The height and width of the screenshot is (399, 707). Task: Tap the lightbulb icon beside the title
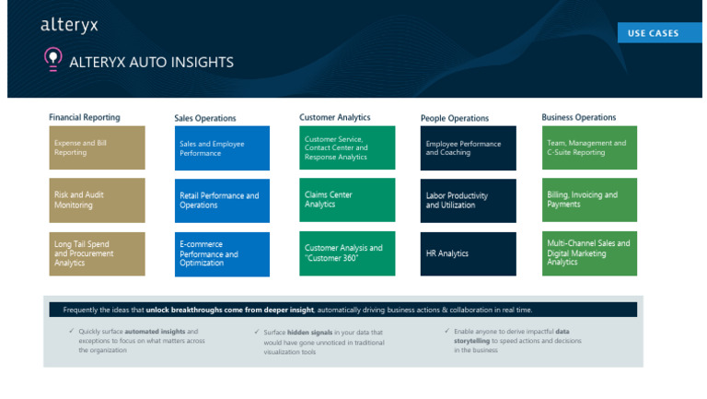(x=52, y=60)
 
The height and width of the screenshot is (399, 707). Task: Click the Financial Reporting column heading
(x=85, y=118)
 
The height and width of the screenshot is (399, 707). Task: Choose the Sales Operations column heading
(x=205, y=119)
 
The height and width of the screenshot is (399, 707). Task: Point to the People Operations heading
(x=455, y=119)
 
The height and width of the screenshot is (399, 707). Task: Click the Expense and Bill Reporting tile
(x=97, y=148)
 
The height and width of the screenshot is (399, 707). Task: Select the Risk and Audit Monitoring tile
(x=97, y=200)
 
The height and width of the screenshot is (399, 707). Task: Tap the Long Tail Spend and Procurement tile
(x=97, y=253)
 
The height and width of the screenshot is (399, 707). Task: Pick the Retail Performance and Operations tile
(x=222, y=200)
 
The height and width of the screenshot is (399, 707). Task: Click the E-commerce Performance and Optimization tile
(x=222, y=253)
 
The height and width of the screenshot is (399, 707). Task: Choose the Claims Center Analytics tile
(x=347, y=200)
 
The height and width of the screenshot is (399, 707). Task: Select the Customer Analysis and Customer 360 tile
(x=347, y=253)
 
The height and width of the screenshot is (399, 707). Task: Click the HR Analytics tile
(x=469, y=253)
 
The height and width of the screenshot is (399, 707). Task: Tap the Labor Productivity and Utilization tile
(x=469, y=200)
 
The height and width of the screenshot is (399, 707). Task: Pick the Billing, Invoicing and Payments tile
(x=590, y=200)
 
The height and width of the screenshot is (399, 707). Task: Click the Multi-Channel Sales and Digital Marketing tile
(x=590, y=253)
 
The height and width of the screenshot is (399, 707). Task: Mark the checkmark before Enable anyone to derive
(x=446, y=331)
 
